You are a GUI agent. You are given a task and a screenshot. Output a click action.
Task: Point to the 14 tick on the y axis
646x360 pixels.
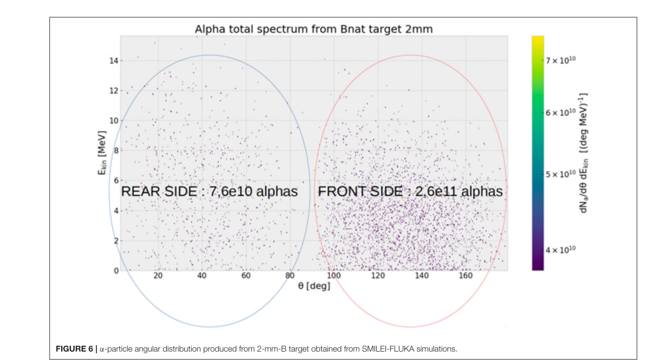[x=113, y=61]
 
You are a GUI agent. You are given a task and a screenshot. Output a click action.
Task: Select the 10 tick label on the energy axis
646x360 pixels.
[x=113, y=121]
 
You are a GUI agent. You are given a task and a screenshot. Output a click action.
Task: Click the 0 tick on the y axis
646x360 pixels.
[x=114, y=271]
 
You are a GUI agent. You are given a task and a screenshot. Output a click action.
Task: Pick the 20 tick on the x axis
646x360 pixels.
[x=158, y=276]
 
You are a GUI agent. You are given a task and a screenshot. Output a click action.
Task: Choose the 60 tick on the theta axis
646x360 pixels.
[x=246, y=276]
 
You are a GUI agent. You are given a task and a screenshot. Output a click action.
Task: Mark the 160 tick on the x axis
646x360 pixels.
[x=465, y=276]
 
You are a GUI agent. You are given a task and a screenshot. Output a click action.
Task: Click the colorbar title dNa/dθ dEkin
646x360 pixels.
[x=584, y=153]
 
